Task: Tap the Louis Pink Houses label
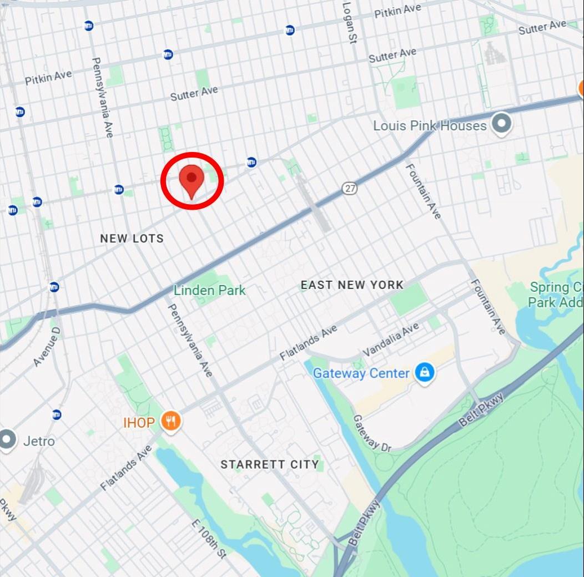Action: (x=429, y=126)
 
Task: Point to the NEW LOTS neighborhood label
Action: (x=132, y=239)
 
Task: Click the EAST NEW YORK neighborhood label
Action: (x=352, y=285)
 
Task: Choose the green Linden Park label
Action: (x=209, y=290)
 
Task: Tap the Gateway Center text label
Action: (x=361, y=373)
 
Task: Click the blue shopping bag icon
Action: (x=425, y=373)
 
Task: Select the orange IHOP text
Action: (x=139, y=423)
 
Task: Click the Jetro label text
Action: (x=39, y=441)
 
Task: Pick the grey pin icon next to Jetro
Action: (x=7, y=439)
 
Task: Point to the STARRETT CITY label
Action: (x=270, y=464)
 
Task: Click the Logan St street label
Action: (x=348, y=22)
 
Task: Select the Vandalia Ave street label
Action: (x=391, y=340)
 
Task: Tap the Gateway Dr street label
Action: (x=372, y=433)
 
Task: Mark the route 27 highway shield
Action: (x=349, y=189)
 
